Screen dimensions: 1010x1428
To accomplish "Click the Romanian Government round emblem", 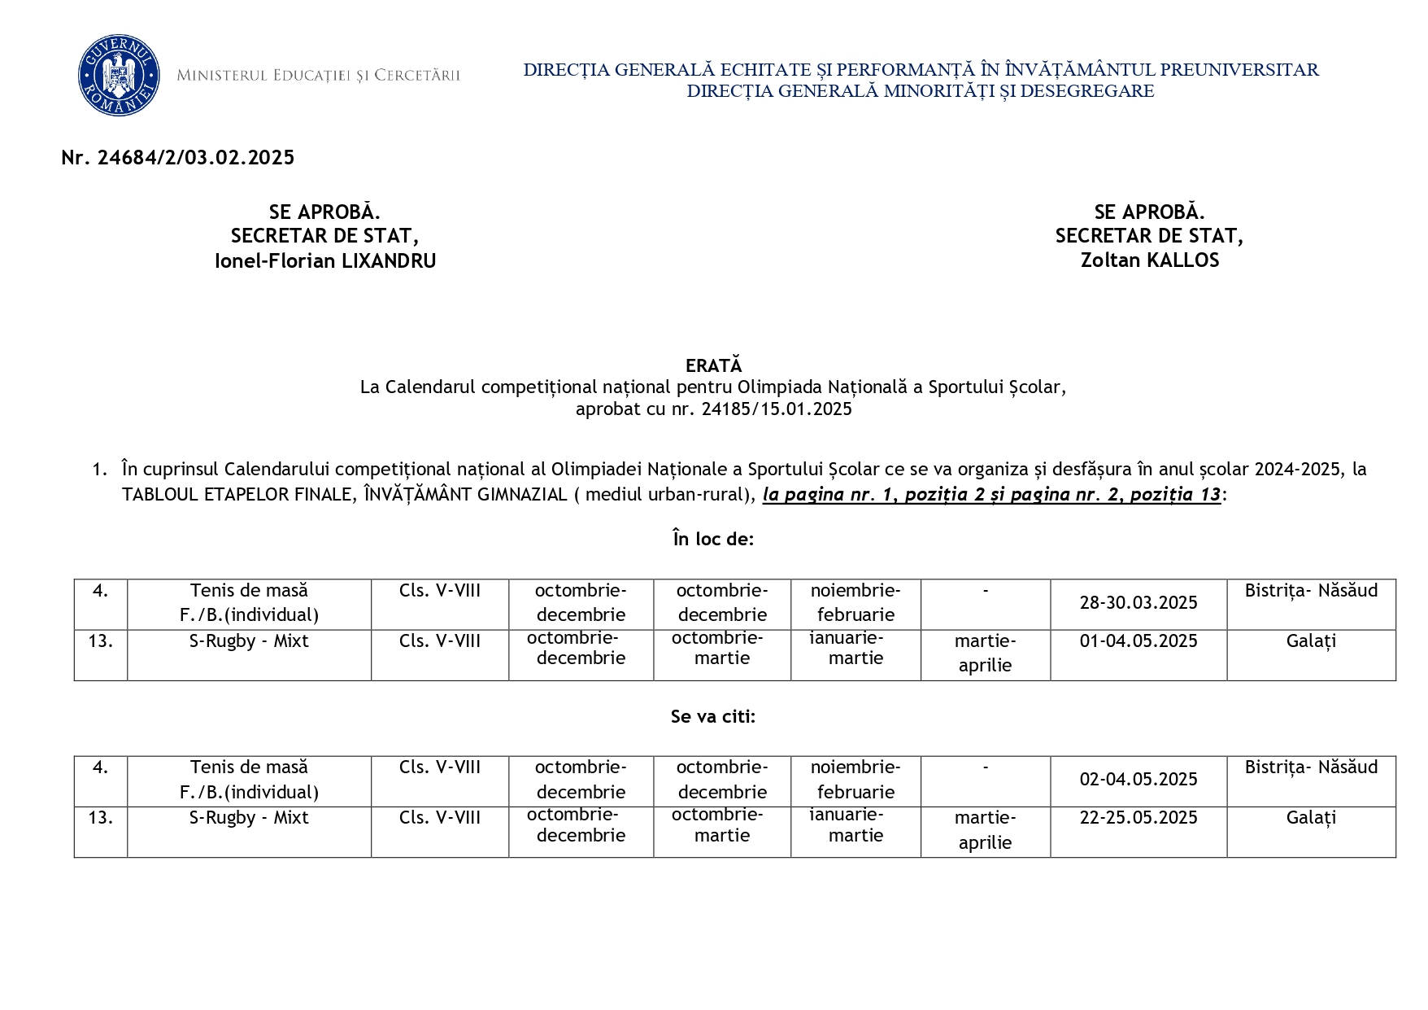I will click(x=119, y=76).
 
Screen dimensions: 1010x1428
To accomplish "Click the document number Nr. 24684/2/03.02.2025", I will click(x=177, y=158).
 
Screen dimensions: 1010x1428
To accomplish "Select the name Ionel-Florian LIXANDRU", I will click(x=325, y=261).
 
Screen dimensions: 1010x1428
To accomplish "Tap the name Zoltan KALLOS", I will click(x=1149, y=260).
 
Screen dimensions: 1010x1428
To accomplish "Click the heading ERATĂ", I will click(x=713, y=365).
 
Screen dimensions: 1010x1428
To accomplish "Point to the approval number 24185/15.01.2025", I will click(x=777, y=409).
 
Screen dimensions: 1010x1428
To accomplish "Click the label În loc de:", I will click(x=713, y=539).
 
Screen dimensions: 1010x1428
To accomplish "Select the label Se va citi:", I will click(x=713, y=716).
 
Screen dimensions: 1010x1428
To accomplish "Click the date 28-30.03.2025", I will click(x=1138, y=603).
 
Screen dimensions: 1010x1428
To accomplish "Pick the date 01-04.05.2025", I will click(x=1138, y=641).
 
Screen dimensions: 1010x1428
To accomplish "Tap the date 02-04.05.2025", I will click(x=1138, y=780).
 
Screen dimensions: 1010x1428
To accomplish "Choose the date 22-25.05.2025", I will click(x=1138, y=818).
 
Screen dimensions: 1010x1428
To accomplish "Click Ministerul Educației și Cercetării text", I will click(x=318, y=76).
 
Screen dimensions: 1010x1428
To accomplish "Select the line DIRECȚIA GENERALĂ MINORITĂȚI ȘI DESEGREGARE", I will click(x=921, y=91).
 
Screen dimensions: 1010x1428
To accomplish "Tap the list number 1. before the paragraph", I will click(x=99, y=470).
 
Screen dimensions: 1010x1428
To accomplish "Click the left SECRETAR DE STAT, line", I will click(x=324, y=236).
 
